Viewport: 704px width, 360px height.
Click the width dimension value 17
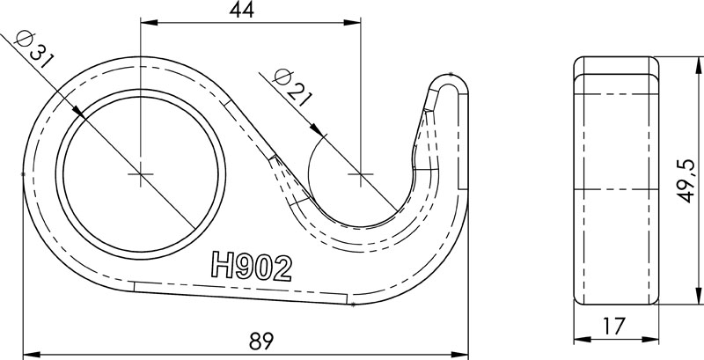[616, 325]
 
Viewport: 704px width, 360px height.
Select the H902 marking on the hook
[251, 265]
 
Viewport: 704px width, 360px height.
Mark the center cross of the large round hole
[140, 174]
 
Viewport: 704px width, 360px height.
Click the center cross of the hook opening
[359, 174]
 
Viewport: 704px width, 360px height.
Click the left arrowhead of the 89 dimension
[27, 351]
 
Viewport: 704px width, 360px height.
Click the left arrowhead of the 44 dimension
[145, 23]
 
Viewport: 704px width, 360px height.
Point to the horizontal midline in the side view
[616, 189]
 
